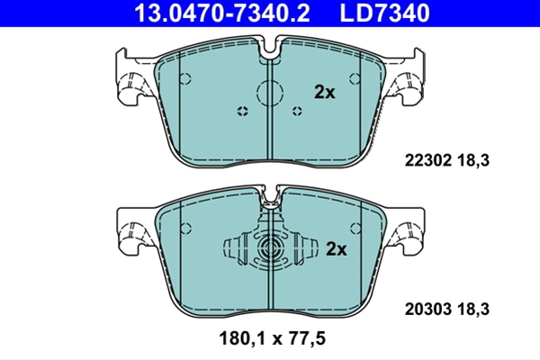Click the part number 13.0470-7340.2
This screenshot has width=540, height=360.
coord(221,13)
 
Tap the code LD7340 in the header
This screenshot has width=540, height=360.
coord(384,13)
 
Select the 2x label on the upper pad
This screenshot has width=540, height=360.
coord(324,92)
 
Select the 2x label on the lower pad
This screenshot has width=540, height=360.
coord(336,248)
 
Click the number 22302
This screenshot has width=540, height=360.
coord(427,160)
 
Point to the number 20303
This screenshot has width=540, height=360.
coord(427,309)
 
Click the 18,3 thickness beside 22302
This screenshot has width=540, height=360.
coord(473,160)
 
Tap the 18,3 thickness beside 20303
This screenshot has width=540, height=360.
coord(473,309)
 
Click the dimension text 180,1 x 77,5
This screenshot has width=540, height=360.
coord(272,338)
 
